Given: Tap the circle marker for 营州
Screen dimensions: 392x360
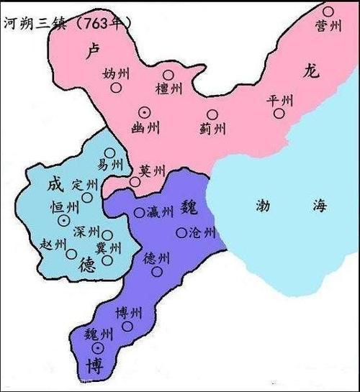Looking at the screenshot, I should pos(328,12).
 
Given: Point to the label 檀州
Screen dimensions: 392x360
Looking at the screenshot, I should pos(170,88).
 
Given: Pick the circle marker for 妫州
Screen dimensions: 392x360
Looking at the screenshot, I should pos(116,88).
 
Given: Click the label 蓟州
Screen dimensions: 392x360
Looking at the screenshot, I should pos(213,129).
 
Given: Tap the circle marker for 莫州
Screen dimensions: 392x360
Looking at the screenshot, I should pos(135,183).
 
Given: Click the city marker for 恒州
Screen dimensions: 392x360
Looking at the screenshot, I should pos(65,220).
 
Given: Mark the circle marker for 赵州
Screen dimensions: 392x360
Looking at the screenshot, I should pos(71,254).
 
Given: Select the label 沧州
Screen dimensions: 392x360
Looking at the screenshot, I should pos(201,232).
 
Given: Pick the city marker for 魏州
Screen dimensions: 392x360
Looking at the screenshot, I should pos(98,348).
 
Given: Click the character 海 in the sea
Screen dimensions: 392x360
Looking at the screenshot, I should pos(319,205).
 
